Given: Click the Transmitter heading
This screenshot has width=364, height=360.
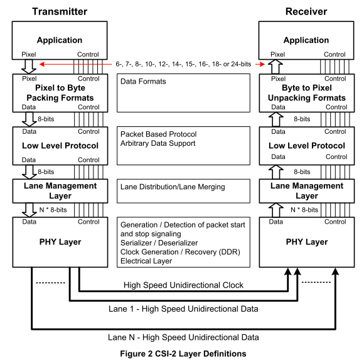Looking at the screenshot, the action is click(x=60, y=11).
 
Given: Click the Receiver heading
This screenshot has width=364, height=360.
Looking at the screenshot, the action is click(x=306, y=11).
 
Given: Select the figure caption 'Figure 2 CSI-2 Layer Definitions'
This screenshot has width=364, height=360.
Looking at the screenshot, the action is click(x=183, y=354).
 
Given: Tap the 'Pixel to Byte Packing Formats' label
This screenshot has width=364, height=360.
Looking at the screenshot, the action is click(x=60, y=93).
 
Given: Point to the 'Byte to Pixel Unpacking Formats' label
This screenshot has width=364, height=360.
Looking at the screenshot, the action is click(x=307, y=93).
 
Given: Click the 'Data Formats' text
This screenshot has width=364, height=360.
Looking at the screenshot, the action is click(x=143, y=81).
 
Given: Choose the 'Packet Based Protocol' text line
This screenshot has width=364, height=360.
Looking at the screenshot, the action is click(x=159, y=134).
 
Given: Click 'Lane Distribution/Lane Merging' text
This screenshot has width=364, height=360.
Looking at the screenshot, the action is click(x=173, y=187).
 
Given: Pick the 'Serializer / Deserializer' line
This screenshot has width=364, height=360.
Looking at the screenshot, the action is click(x=159, y=243).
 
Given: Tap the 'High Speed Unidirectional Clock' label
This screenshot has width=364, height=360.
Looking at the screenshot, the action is click(x=183, y=285).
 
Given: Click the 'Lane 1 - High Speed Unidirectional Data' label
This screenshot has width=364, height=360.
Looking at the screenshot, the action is click(x=183, y=309).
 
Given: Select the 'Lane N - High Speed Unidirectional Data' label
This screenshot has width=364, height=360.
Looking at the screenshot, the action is click(x=183, y=337).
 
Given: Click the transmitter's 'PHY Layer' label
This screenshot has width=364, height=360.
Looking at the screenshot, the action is click(x=60, y=242).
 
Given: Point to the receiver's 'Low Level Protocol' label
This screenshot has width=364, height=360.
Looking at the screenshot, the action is click(x=307, y=146).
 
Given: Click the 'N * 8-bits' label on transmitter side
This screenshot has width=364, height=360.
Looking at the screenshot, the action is click(x=53, y=210).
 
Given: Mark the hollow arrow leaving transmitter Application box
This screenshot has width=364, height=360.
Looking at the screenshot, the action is click(x=29, y=67).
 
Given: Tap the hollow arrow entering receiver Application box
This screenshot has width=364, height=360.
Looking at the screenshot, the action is click(x=276, y=67).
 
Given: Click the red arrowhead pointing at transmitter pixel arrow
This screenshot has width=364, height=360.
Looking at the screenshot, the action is click(x=42, y=64).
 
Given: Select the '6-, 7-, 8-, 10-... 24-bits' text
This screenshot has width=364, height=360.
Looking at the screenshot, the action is click(x=183, y=64).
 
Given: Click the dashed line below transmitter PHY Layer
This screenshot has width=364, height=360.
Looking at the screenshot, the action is click(x=50, y=283).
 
